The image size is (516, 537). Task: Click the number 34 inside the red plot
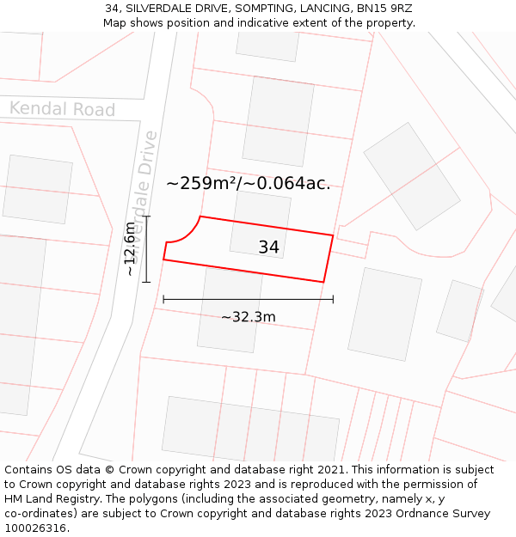click(x=268, y=247)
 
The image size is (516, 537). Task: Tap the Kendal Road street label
click(x=62, y=109)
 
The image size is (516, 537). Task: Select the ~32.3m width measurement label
click(x=249, y=317)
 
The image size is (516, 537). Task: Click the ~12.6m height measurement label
click(x=129, y=249)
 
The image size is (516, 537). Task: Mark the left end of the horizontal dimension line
click(x=163, y=299)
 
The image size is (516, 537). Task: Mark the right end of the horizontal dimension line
click(x=333, y=299)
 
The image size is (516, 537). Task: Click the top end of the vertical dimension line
click(x=147, y=217)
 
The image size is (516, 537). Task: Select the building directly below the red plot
click(x=230, y=309)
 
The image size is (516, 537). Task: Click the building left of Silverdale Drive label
click(x=38, y=189)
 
